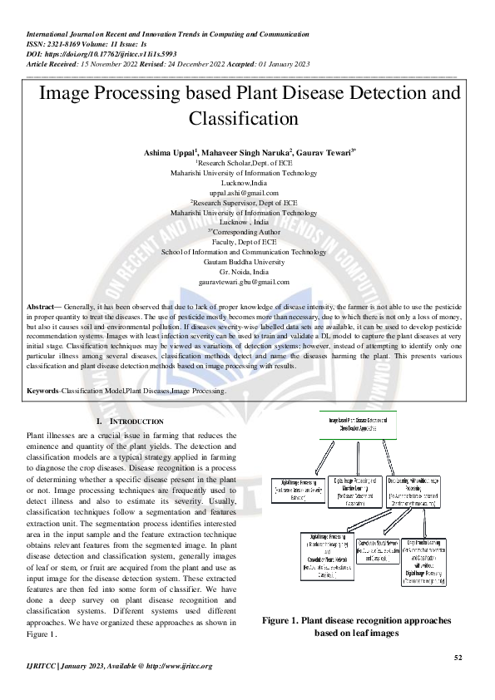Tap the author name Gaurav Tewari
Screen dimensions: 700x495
301,154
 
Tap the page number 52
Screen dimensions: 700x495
457,658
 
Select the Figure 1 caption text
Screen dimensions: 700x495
355,626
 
